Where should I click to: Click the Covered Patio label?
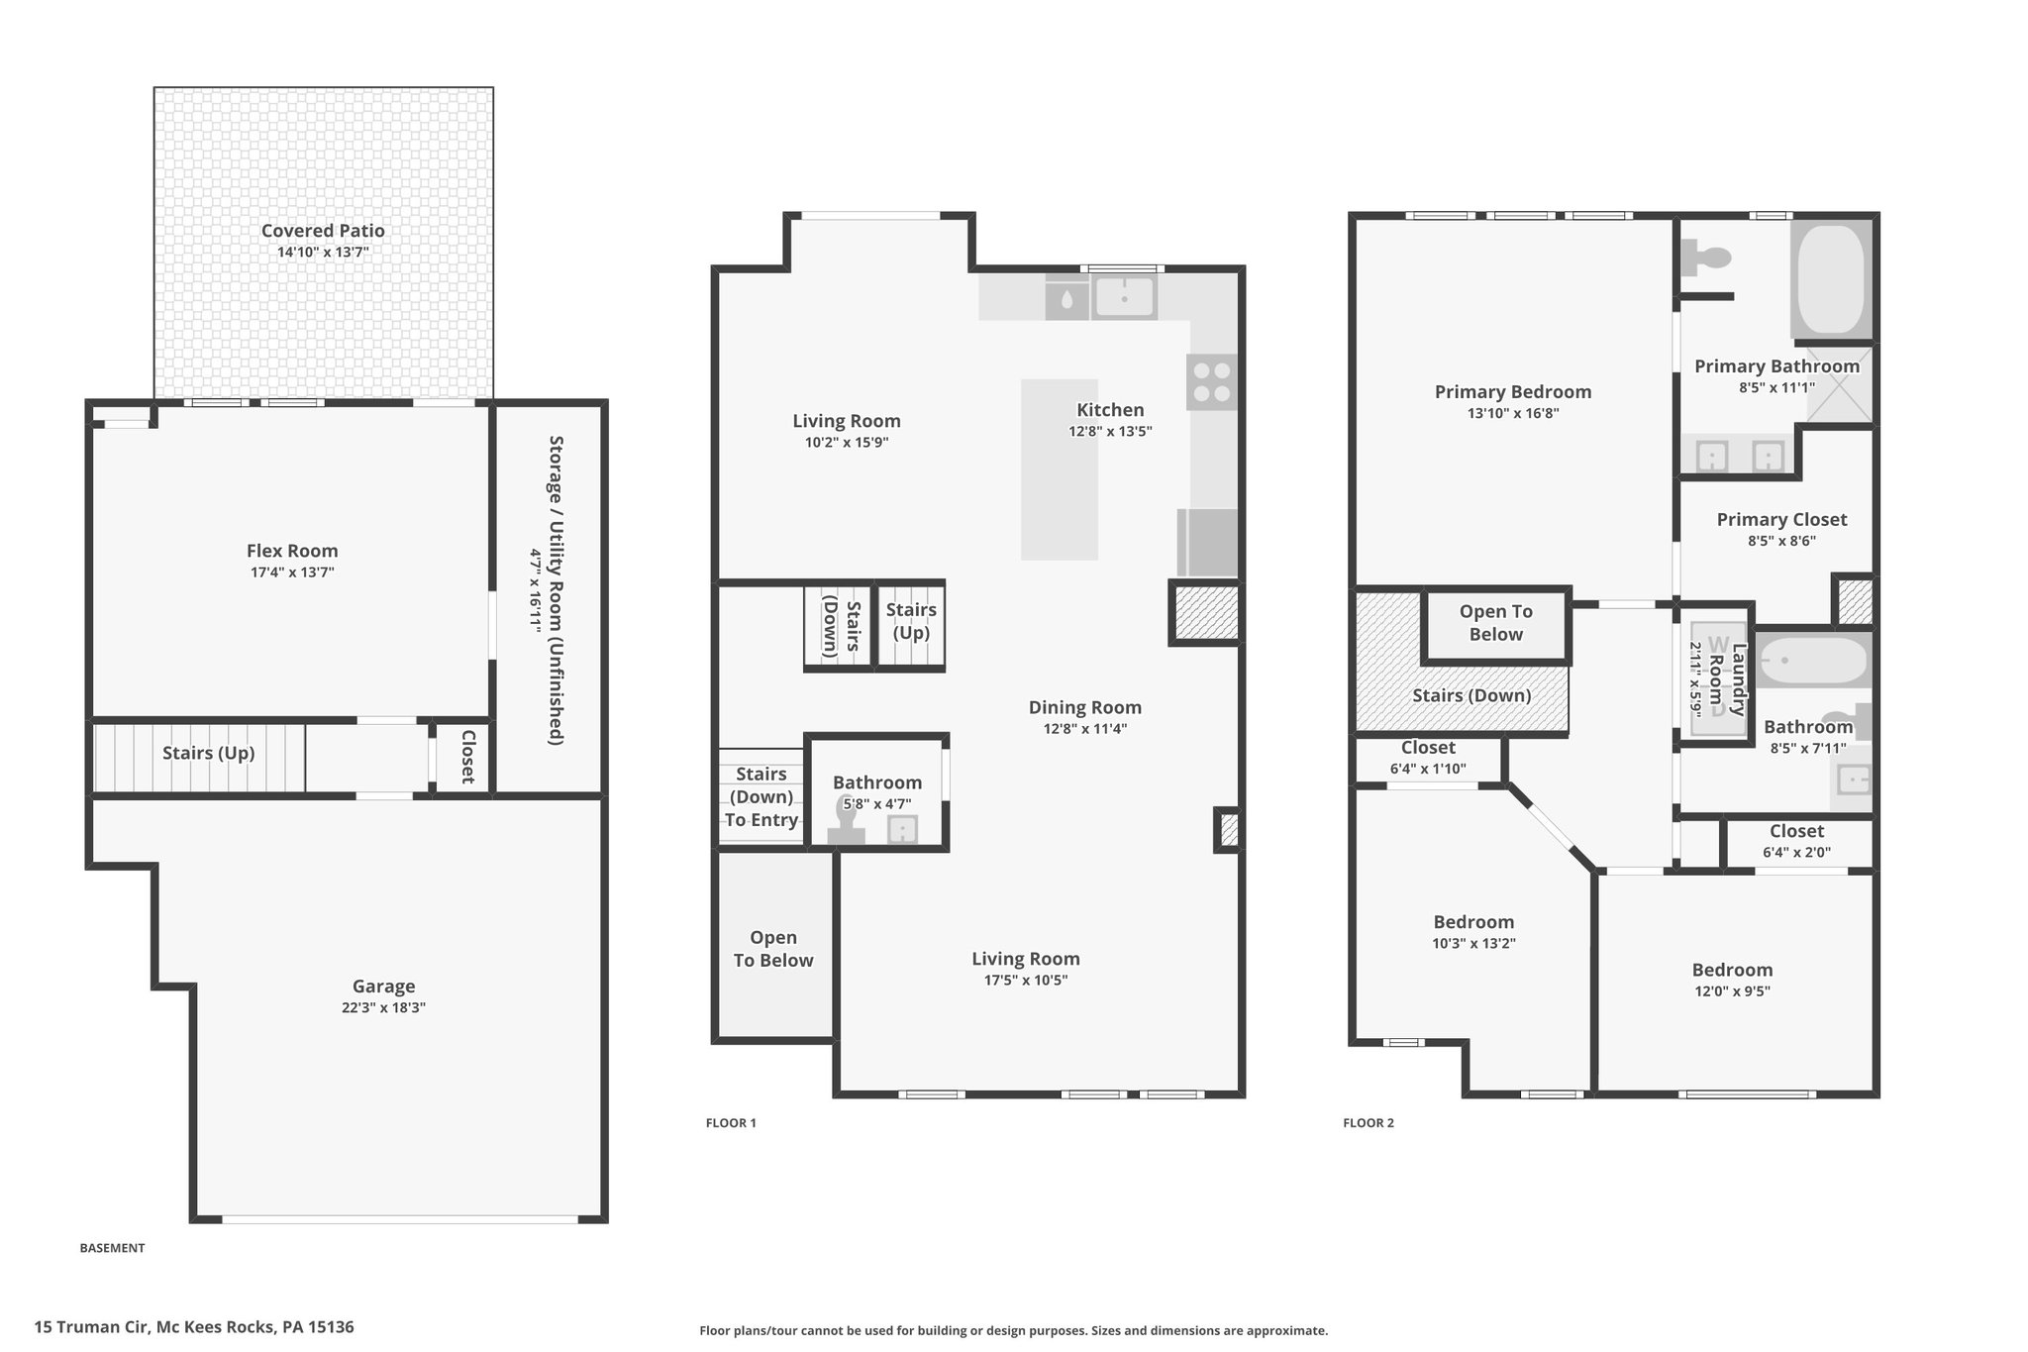point(323,231)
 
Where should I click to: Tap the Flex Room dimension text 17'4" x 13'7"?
point(292,572)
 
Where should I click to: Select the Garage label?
point(383,987)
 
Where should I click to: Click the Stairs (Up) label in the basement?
point(209,753)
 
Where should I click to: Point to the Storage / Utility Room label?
point(557,589)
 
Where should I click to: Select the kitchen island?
point(1060,469)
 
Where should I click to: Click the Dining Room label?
point(1085,707)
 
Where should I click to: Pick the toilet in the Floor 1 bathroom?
point(847,823)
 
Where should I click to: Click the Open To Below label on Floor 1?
point(773,949)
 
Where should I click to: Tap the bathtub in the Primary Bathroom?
point(1831,279)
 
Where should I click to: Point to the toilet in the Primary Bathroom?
point(1705,259)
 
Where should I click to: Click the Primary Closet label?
point(1781,520)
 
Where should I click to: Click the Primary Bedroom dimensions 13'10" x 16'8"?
point(1513,413)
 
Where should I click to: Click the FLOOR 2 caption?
point(1369,1123)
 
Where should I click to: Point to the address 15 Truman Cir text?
point(92,1327)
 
